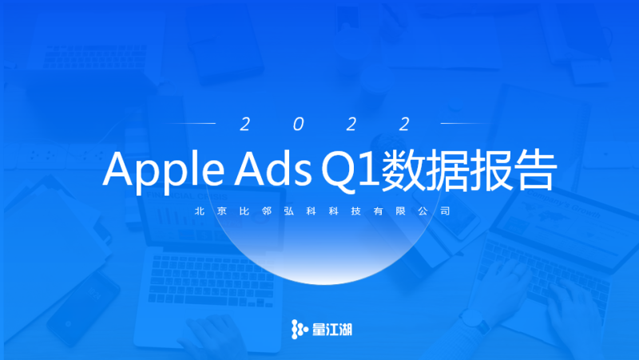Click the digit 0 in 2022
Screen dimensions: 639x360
(x=298, y=124)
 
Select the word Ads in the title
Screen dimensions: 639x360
(x=273, y=168)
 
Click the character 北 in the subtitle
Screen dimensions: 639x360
(x=200, y=211)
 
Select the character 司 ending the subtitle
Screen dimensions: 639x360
(x=445, y=211)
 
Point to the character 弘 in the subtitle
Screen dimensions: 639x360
(x=289, y=211)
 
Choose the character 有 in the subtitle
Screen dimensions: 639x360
(x=378, y=211)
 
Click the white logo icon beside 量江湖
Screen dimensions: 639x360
(x=300, y=329)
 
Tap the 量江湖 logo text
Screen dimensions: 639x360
(x=331, y=330)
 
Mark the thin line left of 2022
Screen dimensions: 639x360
(x=190, y=123)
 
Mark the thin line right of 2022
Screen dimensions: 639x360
(x=466, y=123)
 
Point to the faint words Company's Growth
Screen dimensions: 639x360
(x=564, y=204)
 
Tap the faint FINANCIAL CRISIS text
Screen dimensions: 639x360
(x=187, y=196)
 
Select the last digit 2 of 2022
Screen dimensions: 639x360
(x=405, y=124)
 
